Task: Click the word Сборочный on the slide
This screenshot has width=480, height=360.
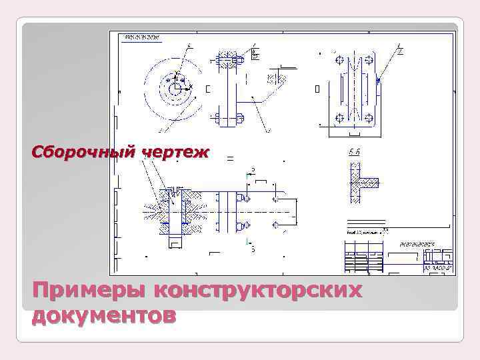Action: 81,153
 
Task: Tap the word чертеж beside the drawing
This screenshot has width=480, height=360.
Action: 175,153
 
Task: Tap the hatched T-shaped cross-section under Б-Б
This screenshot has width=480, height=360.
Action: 361,181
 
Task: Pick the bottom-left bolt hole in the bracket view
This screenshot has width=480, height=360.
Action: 340,118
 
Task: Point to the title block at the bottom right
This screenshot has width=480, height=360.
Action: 399,256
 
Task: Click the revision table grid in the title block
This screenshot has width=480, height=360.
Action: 364,256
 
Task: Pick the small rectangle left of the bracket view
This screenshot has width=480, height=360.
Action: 317,88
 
